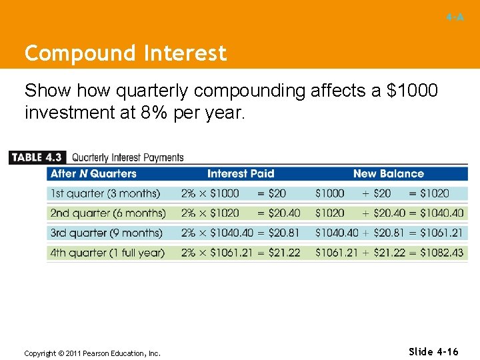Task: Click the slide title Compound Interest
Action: coord(125,53)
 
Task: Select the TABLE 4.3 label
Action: coord(37,157)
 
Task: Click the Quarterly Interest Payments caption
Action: coord(127,158)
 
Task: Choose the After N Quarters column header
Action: coord(93,174)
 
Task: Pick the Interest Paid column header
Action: coord(241,174)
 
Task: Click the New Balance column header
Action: coord(388,174)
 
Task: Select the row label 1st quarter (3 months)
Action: coord(105,193)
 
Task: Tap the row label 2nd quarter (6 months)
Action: coord(107,213)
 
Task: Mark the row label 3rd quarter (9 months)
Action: coord(106,233)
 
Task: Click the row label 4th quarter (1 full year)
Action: coord(107,253)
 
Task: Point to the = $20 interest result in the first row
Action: coord(271,193)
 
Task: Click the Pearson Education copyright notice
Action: coord(92,353)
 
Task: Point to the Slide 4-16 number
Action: coord(433,352)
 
